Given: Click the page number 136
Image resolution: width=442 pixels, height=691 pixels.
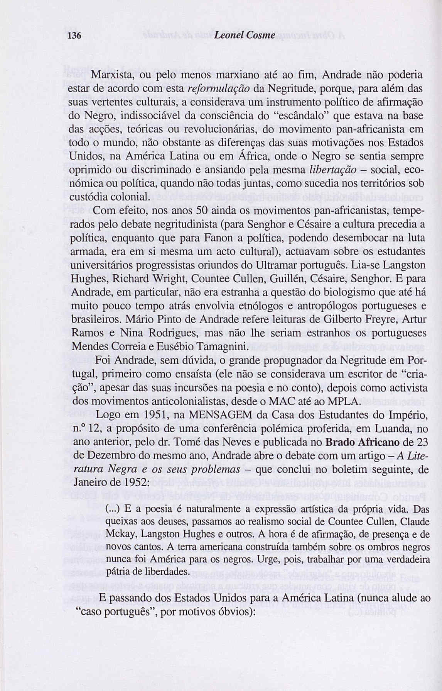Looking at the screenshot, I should point(73,36).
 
